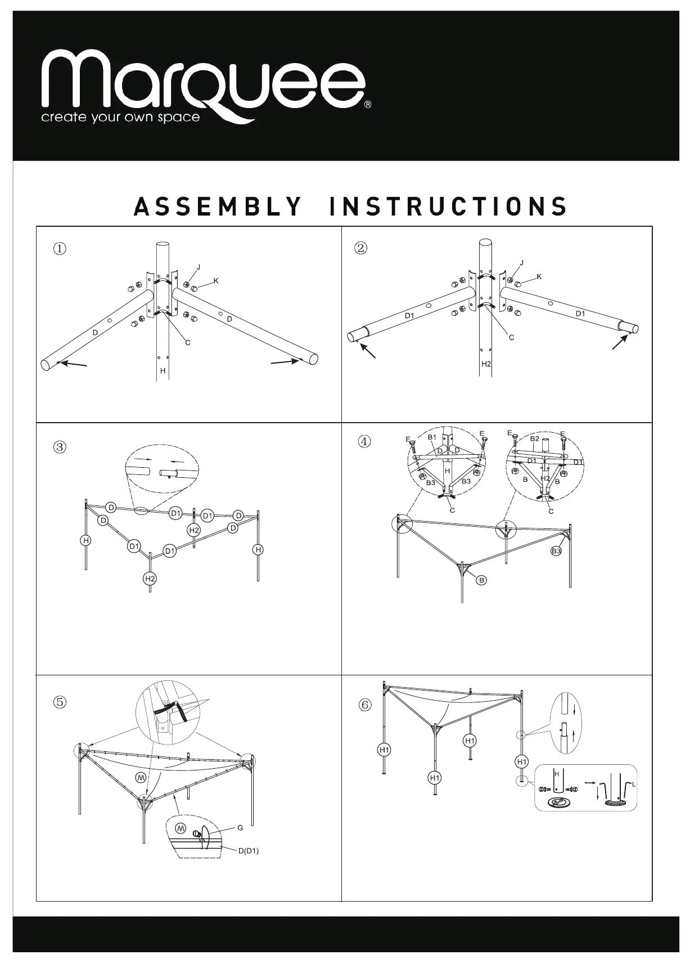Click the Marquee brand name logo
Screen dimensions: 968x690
(202, 82)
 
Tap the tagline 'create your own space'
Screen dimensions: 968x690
(120, 118)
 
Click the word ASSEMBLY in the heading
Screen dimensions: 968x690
(218, 207)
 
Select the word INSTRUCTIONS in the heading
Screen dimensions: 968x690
(448, 207)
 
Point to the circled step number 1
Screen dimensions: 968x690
(60, 248)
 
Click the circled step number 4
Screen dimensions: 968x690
(364, 442)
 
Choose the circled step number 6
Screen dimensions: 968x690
(366, 705)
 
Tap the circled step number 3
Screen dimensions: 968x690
(60, 447)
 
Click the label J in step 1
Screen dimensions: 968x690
(199, 267)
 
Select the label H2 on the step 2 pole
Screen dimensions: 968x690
(486, 364)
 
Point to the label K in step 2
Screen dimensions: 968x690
(539, 277)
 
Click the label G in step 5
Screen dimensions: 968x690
(240, 828)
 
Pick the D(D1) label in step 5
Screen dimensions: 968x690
(248, 850)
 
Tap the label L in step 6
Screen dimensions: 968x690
(634, 784)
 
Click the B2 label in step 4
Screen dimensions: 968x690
(535, 438)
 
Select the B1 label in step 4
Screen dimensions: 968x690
(432, 437)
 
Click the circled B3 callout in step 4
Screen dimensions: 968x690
(556, 551)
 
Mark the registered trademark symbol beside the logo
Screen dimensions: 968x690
(368, 105)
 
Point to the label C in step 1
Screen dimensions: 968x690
(188, 343)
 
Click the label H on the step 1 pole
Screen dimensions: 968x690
(163, 371)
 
